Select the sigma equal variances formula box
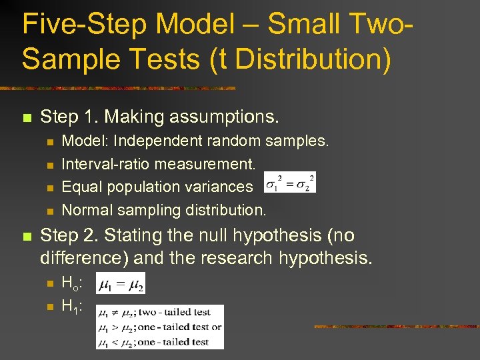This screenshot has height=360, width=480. pos(289,182)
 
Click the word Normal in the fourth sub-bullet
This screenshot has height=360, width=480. pos(87,210)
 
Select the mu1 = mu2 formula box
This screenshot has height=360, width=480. pos(121,285)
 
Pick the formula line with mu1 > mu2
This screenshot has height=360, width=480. pos(159,327)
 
